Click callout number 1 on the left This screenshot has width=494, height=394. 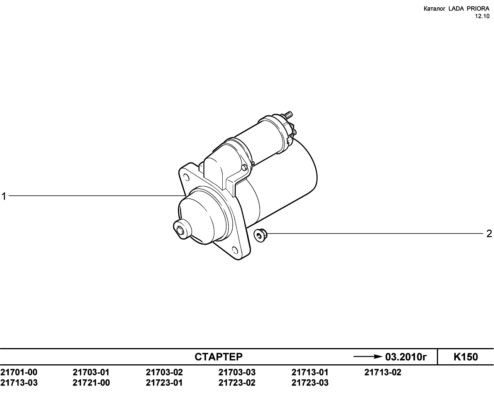pyautogui.click(x=4, y=196)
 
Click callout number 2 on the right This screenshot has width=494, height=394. pyautogui.click(x=489, y=234)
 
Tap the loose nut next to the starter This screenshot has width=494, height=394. pyautogui.click(x=260, y=235)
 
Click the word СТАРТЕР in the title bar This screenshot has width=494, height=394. pyautogui.click(x=218, y=357)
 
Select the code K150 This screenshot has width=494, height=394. pyautogui.click(x=466, y=357)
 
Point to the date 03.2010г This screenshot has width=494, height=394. pyautogui.click(x=406, y=357)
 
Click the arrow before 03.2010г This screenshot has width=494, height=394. pyautogui.click(x=367, y=357)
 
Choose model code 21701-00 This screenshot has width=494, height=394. pyautogui.click(x=19, y=372)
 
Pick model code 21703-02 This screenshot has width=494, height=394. pyautogui.click(x=164, y=372)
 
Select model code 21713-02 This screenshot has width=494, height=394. pyautogui.click(x=383, y=372)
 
